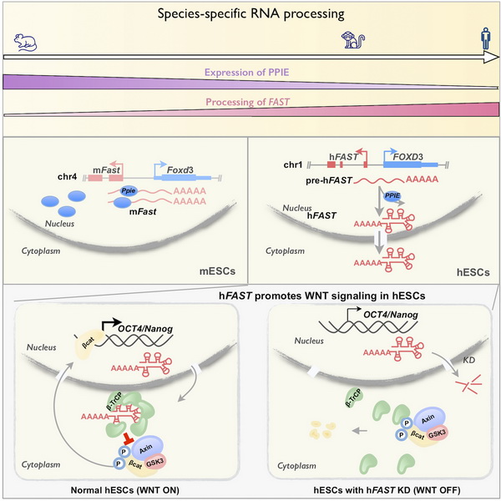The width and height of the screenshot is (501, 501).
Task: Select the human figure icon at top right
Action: (x=485, y=38)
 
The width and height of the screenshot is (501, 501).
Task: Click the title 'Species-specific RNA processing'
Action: (x=250, y=15)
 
